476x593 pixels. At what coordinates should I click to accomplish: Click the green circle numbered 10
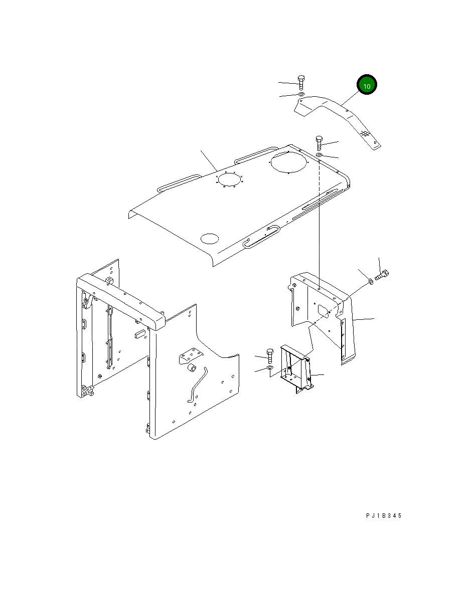(x=367, y=86)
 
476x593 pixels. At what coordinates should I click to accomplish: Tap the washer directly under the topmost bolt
(x=301, y=94)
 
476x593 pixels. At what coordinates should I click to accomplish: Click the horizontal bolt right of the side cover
(x=382, y=275)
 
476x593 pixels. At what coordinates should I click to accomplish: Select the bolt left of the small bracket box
(x=269, y=355)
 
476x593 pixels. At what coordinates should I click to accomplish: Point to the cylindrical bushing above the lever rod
(x=191, y=370)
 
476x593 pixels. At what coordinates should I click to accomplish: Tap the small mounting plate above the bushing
(x=191, y=355)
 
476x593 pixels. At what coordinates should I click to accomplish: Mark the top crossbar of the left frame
(x=120, y=299)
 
